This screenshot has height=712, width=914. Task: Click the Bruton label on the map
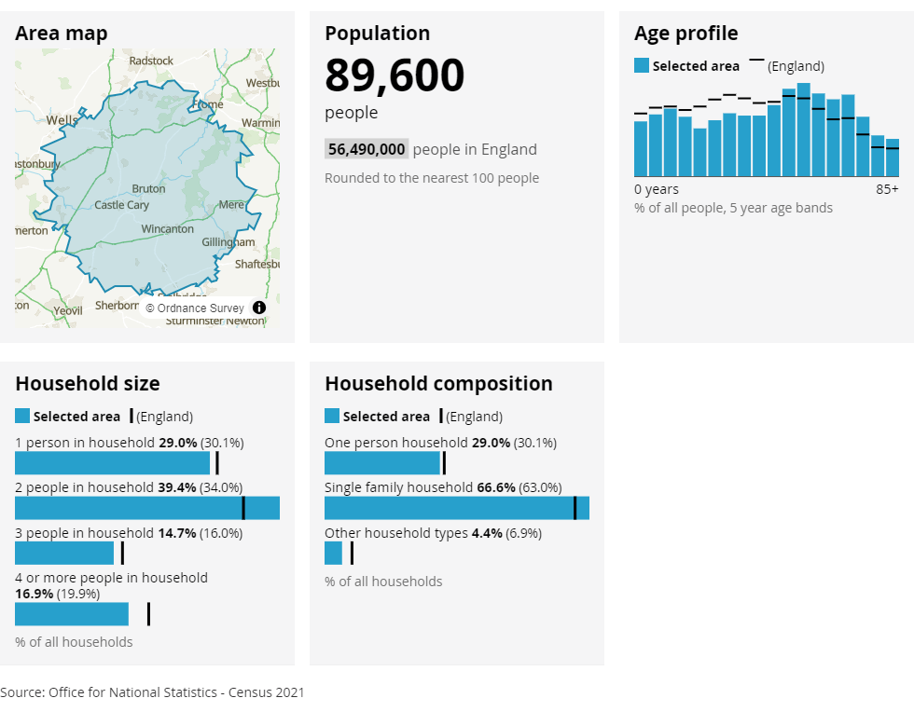(x=149, y=188)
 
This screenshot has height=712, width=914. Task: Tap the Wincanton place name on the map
(x=168, y=228)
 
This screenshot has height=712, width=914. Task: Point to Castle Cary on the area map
(x=122, y=205)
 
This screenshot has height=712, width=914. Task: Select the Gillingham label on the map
(x=228, y=242)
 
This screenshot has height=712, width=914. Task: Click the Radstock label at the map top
(x=151, y=61)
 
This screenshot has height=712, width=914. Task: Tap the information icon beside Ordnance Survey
(x=259, y=308)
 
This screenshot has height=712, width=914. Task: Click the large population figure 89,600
(x=395, y=75)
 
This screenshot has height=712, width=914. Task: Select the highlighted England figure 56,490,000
(x=367, y=149)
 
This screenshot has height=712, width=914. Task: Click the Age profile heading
(x=685, y=34)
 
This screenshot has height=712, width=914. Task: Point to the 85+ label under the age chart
(x=887, y=189)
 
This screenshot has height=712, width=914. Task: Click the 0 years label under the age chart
(x=657, y=189)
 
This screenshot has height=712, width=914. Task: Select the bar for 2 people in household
(x=147, y=508)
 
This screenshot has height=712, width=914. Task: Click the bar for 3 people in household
(x=64, y=553)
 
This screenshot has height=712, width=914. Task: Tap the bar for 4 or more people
(x=72, y=614)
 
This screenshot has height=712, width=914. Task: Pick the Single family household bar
(x=457, y=508)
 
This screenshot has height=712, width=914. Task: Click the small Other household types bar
(x=333, y=553)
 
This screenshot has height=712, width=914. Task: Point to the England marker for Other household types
(x=352, y=553)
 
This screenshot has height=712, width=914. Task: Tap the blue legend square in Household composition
(x=332, y=416)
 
